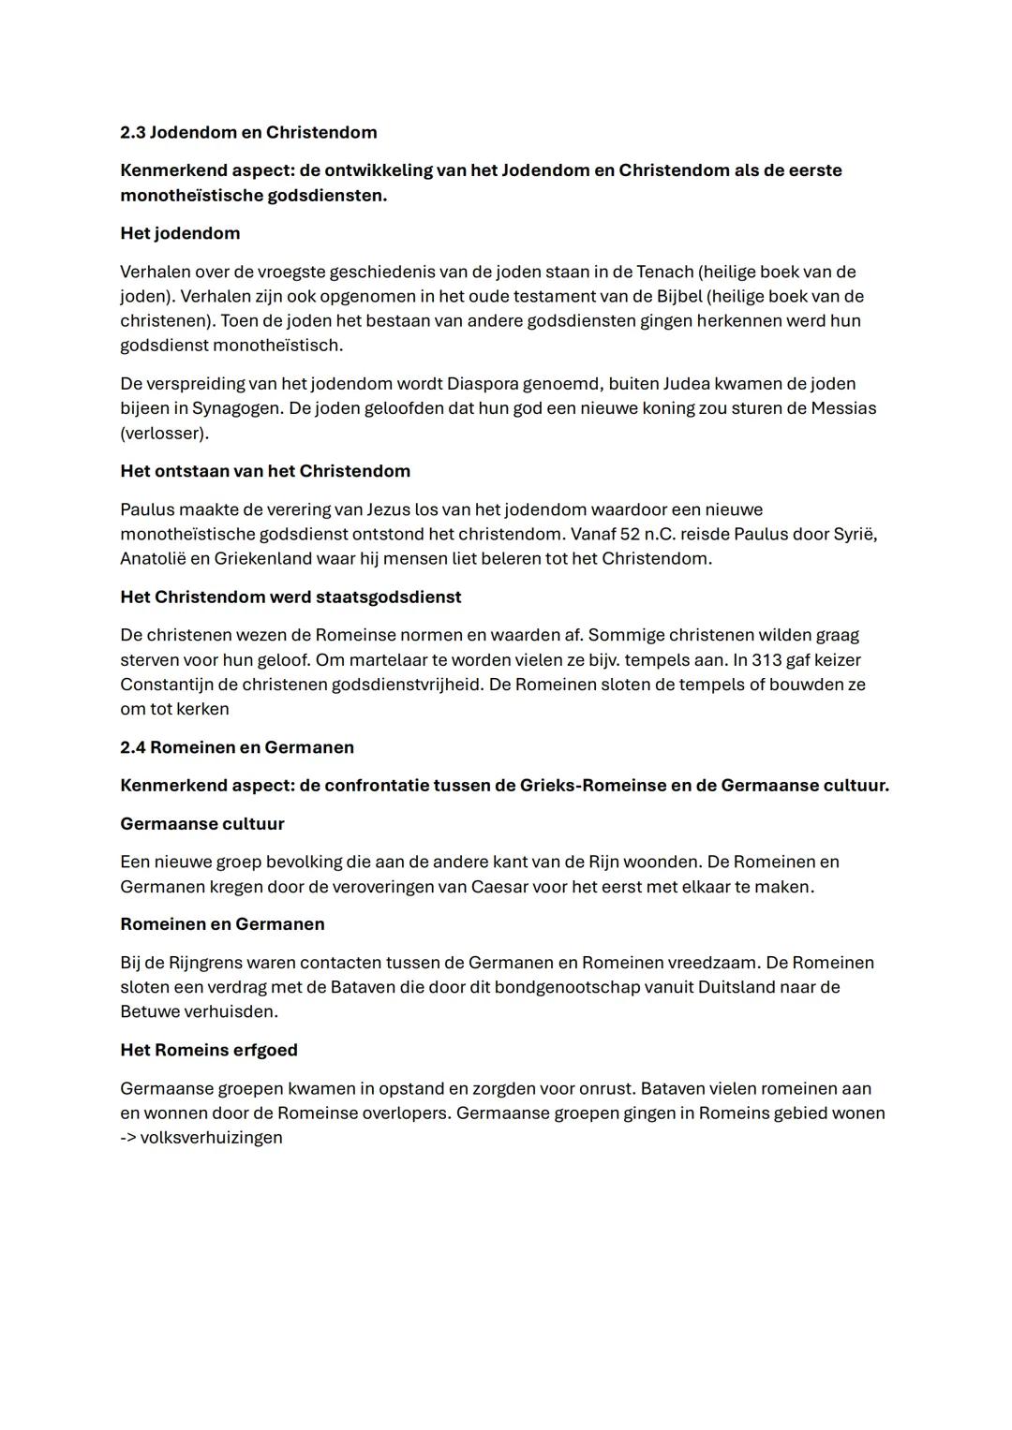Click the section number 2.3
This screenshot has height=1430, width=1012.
[132, 132]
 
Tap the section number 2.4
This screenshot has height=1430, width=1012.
[132, 747]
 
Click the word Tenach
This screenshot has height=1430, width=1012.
[664, 272]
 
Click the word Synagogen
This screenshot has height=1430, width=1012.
[235, 408]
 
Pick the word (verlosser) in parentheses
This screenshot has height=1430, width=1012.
[164, 433]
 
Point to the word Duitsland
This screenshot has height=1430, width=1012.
[739, 987]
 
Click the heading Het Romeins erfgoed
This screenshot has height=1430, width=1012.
[209, 1050]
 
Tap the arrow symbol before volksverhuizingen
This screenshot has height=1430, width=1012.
[127, 1138]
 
